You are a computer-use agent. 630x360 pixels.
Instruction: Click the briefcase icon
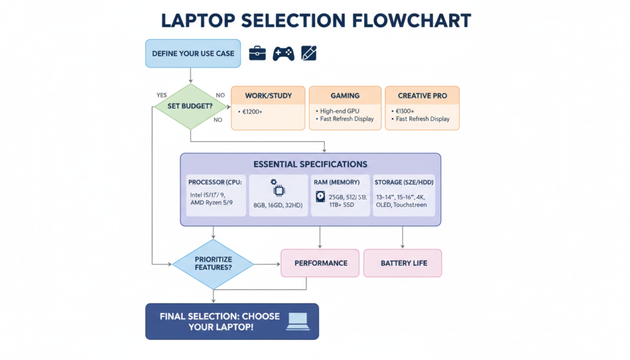[x=257, y=54]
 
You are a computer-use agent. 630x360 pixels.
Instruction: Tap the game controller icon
[x=283, y=54]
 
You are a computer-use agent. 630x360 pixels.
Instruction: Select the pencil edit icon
[x=309, y=54]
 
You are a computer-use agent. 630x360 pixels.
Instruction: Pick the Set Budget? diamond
[x=190, y=106]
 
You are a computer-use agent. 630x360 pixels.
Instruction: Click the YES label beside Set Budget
[x=162, y=95]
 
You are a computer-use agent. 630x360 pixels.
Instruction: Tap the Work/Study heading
[x=268, y=96]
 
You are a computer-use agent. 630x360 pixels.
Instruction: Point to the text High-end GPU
[x=340, y=111]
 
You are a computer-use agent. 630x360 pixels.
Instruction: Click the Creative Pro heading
[x=422, y=96]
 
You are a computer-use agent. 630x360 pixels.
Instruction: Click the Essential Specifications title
[x=310, y=164]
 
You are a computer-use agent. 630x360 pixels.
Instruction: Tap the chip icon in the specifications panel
[x=273, y=186]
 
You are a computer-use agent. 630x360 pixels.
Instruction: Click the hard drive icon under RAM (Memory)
[x=320, y=197]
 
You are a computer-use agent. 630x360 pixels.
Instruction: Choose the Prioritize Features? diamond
[x=212, y=265]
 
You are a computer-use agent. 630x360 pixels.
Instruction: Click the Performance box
[x=321, y=263]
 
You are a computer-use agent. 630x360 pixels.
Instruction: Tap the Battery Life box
[x=403, y=263]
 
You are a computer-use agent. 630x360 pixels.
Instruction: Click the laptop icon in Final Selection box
[x=298, y=321]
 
